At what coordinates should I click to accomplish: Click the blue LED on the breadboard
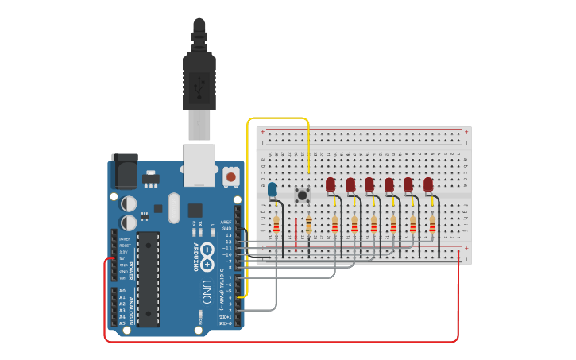(x=273, y=190)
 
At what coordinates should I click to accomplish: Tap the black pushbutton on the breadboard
(x=302, y=194)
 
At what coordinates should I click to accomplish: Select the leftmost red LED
(x=331, y=184)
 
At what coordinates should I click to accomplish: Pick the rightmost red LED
(x=428, y=184)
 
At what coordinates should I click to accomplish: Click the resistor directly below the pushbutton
(x=307, y=225)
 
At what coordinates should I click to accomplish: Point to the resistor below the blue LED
(x=276, y=225)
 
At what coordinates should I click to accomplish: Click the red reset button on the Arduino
(x=230, y=176)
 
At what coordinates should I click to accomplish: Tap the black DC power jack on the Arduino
(x=124, y=170)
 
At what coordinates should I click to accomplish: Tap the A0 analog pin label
(x=122, y=291)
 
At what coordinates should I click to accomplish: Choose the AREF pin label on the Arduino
(x=226, y=222)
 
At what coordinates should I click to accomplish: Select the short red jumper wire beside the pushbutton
(x=296, y=235)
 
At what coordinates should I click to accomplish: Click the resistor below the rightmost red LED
(x=432, y=225)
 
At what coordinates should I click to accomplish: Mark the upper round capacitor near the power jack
(x=129, y=203)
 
